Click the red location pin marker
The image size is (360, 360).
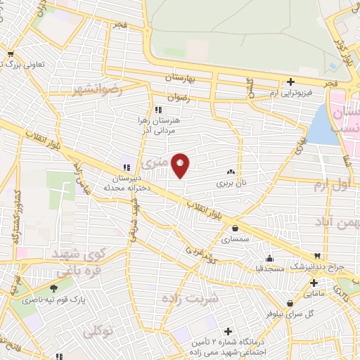[181, 165]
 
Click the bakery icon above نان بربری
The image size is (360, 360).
[231, 172]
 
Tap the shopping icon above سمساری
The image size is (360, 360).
[234, 228]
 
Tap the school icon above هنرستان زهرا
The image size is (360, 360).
[158, 110]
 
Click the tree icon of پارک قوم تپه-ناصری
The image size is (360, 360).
[53, 288]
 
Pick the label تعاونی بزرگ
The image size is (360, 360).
[32, 64]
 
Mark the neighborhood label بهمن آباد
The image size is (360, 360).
[337, 222]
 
